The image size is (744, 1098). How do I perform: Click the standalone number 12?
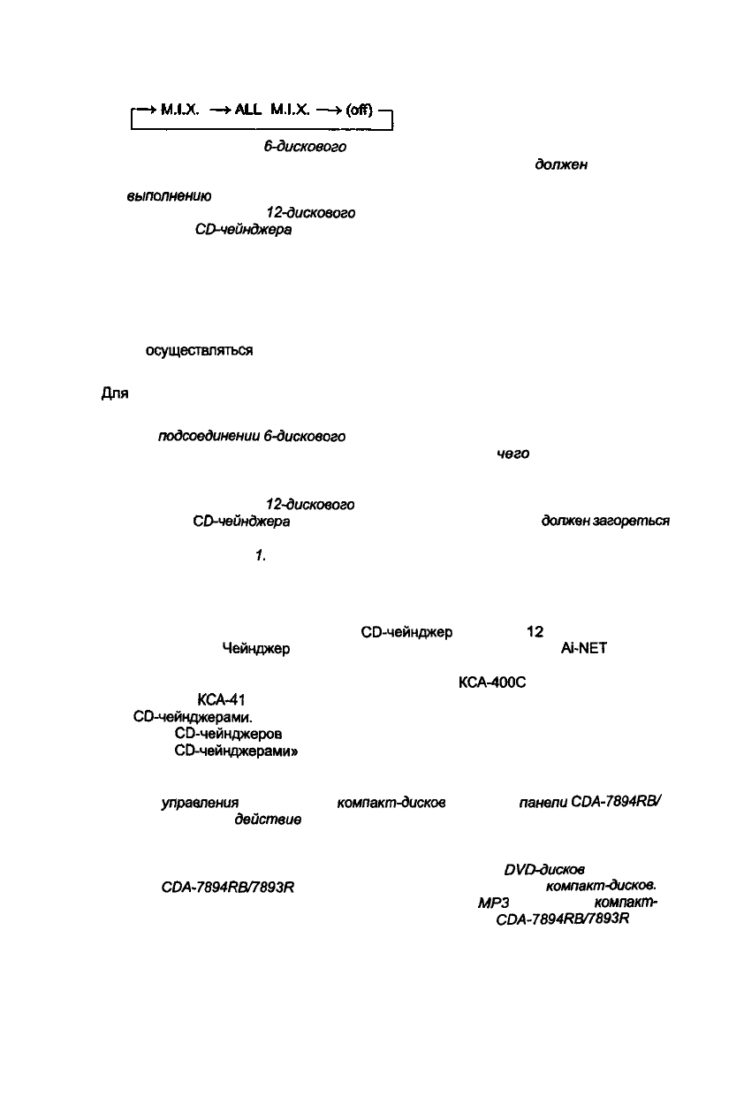[x=535, y=632]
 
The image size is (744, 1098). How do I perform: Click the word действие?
[x=268, y=820]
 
